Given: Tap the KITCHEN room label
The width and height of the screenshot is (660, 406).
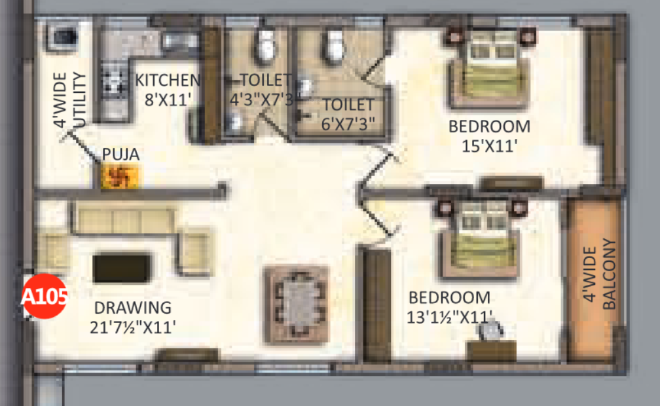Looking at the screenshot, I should [167, 81].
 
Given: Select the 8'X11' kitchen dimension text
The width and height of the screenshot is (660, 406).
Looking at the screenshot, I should [168, 101].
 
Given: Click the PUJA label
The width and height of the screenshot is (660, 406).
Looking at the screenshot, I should [120, 155].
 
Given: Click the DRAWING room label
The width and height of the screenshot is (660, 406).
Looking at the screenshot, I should [132, 307].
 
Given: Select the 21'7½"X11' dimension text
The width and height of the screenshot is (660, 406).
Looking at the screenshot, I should [133, 327].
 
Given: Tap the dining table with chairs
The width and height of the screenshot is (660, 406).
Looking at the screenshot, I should [296, 304].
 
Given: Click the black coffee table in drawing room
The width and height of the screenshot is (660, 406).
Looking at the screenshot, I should [122, 268].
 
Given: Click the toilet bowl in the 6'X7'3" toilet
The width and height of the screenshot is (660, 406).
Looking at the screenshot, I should [334, 45].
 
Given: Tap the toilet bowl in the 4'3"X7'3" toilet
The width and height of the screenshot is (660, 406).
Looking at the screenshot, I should [265, 45].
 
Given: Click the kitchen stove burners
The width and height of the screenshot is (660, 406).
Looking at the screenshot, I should [114, 85].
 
